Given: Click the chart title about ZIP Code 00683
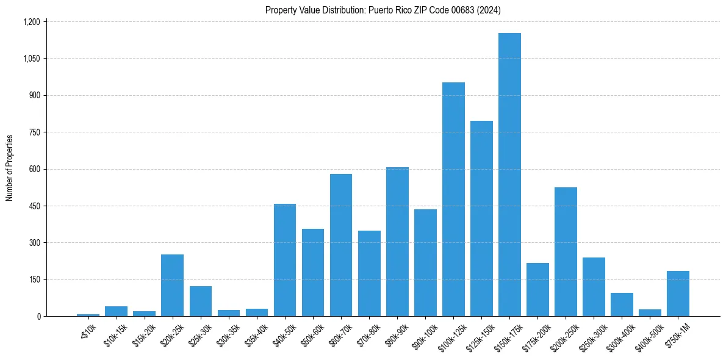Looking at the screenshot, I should tap(383, 10).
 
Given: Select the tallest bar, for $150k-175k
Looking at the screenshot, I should tap(509, 175).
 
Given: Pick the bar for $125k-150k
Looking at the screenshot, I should tap(481, 218).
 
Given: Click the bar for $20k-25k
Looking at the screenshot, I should tap(172, 286).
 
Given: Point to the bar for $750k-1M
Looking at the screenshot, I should tap(678, 293).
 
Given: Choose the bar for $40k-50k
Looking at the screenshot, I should tap(285, 260).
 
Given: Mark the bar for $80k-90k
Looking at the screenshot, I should tap(397, 242).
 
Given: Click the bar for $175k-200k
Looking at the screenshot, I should tap(537, 290).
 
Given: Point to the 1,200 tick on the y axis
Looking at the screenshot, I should tap(31, 22).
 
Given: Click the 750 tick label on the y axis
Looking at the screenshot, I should tap(34, 132).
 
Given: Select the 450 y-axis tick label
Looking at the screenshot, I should tap(34, 206).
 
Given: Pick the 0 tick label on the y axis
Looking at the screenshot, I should tap(38, 317).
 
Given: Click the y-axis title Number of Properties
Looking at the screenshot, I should tap(10, 168).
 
